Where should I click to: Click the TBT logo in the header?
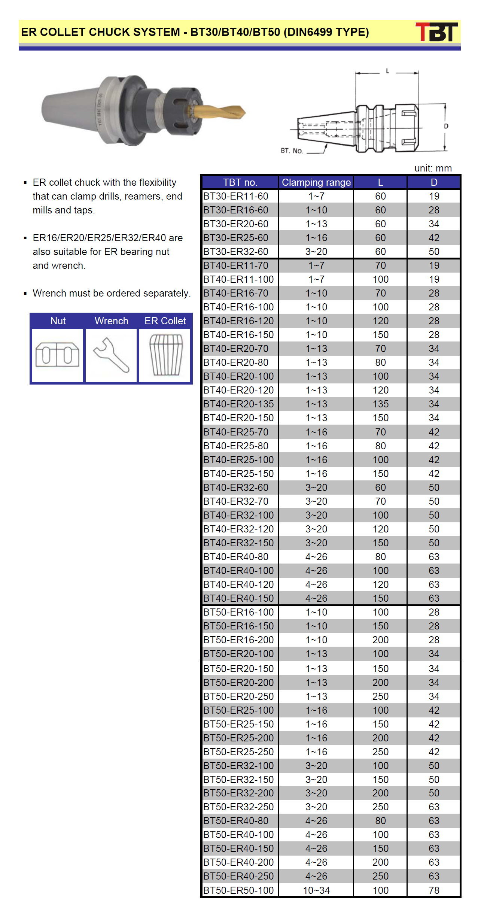(436, 32)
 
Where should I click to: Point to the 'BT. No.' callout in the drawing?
(292, 151)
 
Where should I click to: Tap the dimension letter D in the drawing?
(446, 126)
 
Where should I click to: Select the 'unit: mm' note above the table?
(433, 168)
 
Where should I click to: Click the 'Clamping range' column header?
(316, 182)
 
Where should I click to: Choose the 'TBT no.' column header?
(240, 182)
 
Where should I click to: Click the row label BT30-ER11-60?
(236, 196)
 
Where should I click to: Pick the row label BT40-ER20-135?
(238, 404)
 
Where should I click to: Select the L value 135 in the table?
(380, 404)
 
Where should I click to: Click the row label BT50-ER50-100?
(238, 890)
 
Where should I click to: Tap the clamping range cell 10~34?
(316, 890)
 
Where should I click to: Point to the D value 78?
(434, 890)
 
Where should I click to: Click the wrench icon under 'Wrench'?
(111, 355)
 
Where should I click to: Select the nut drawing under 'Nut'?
(57, 355)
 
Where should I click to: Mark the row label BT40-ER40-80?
(236, 557)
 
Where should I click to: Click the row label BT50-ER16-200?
(238, 640)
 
